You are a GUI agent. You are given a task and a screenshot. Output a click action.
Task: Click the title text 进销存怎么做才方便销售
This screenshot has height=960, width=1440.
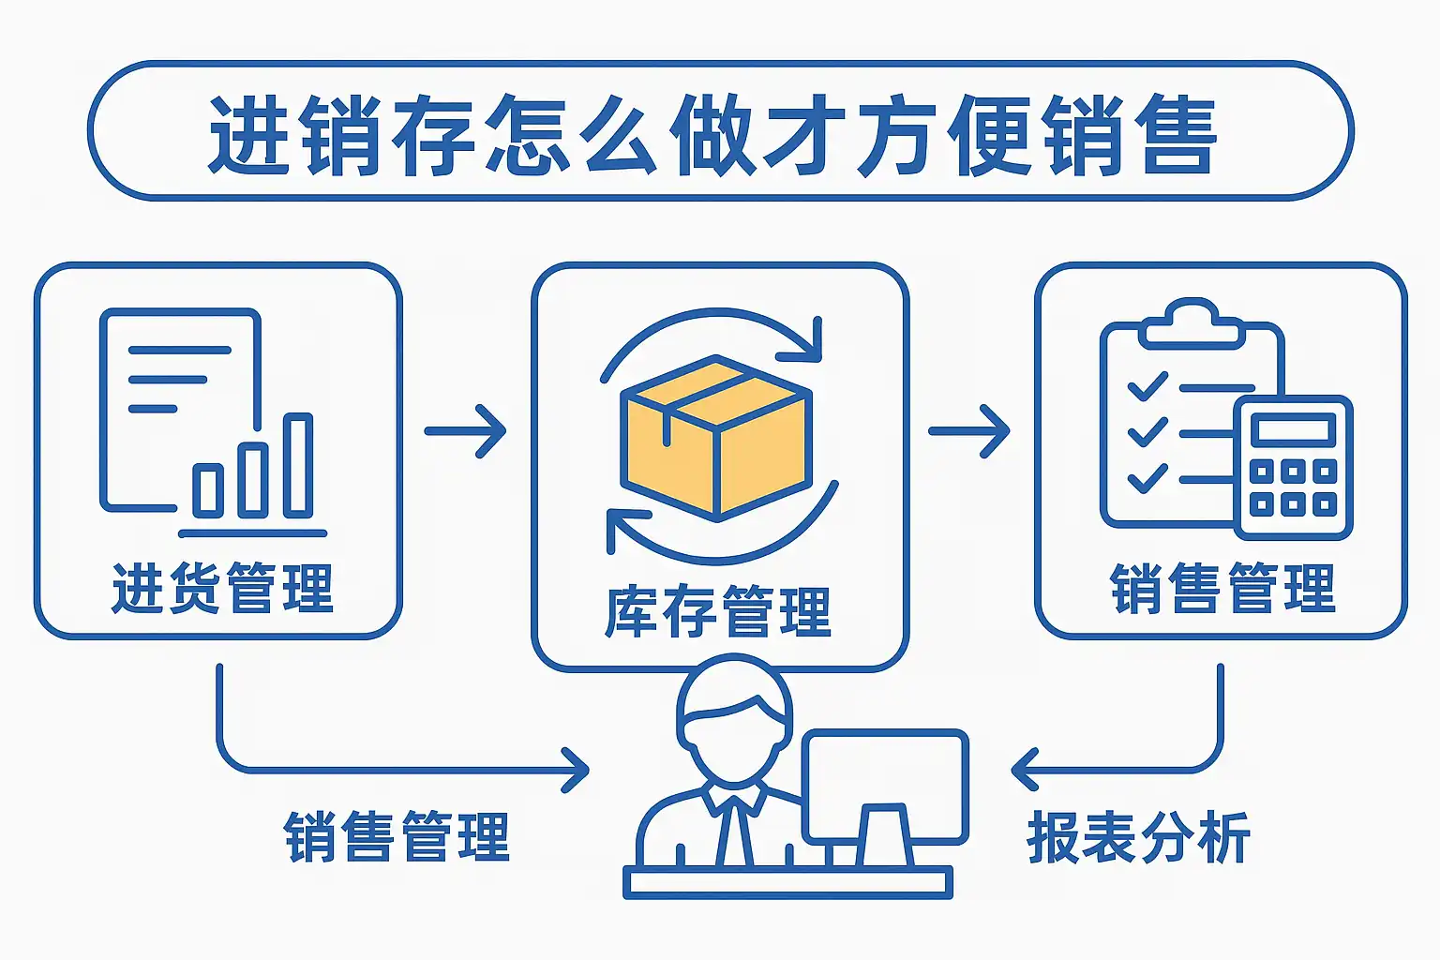pyautogui.click(x=712, y=134)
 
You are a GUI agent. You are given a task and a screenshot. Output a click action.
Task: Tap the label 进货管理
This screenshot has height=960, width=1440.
pyautogui.click(x=222, y=589)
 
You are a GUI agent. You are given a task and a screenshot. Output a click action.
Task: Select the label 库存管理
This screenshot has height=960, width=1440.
pyautogui.click(x=718, y=612)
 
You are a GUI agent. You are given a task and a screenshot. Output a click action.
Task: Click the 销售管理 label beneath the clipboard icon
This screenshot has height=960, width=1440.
pyautogui.click(x=1222, y=589)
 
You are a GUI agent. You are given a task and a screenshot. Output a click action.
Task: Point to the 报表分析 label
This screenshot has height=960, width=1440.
pyautogui.click(x=1138, y=837)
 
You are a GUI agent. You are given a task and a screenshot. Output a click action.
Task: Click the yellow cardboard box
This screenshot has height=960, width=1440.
pyautogui.click(x=716, y=437)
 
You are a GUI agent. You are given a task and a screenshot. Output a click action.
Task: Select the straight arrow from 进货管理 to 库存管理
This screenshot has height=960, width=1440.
pyautogui.click(x=466, y=431)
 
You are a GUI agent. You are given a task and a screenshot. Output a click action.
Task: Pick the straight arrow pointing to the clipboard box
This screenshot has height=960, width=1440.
pyautogui.click(x=969, y=431)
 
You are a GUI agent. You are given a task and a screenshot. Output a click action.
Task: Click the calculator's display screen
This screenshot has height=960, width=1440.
pyautogui.click(x=1293, y=430)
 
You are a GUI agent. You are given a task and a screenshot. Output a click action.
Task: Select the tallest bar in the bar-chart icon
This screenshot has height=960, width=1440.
pyautogui.click(x=298, y=465)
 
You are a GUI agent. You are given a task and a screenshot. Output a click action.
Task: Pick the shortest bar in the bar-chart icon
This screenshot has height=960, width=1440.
pyautogui.click(x=207, y=489)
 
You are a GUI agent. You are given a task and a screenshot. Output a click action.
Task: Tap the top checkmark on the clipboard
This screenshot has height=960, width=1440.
pyautogui.click(x=1147, y=385)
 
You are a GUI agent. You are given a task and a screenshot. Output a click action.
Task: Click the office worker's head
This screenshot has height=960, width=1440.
pyautogui.click(x=734, y=712)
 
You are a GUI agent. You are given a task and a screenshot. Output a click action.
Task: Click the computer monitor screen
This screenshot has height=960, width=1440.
pyautogui.click(x=885, y=784)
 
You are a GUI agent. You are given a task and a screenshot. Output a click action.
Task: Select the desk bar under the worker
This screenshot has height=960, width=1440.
pyautogui.click(x=787, y=882)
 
